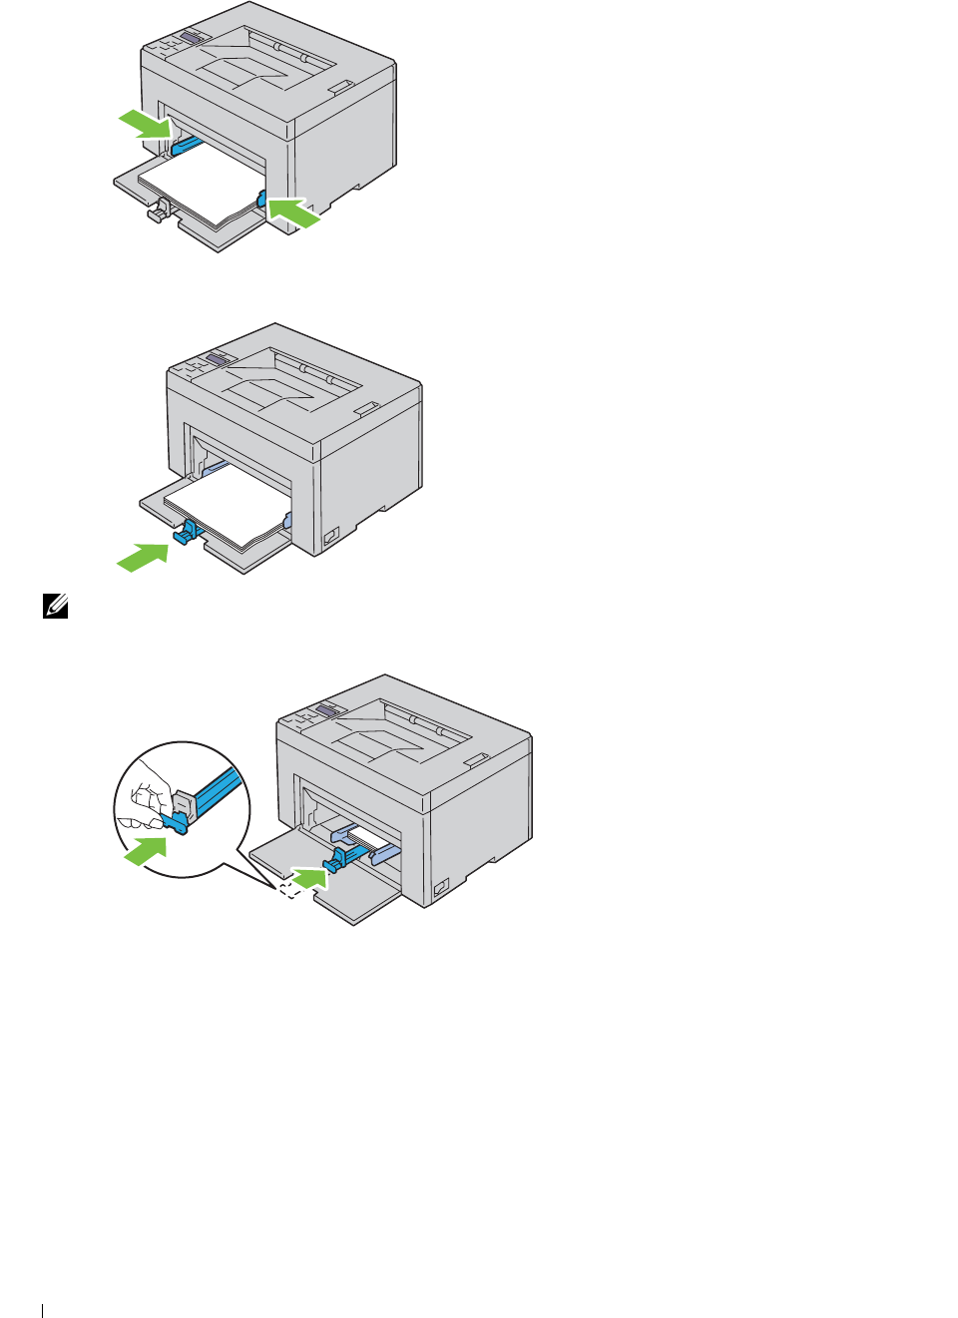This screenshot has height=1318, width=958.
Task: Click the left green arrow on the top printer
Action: pos(145,125)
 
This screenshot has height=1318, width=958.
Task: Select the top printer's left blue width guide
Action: pos(186,146)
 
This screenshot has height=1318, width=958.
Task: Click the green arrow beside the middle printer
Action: pos(143,556)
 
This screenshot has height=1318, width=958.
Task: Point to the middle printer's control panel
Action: pos(206,362)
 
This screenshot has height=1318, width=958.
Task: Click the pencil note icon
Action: pos(56,605)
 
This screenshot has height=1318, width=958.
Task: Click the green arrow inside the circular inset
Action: pos(146,851)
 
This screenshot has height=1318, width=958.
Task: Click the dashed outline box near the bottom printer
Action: pos(288,889)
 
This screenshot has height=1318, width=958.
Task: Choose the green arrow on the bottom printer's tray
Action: pos(310,878)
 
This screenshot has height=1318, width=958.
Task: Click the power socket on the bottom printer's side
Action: pos(440,887)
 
